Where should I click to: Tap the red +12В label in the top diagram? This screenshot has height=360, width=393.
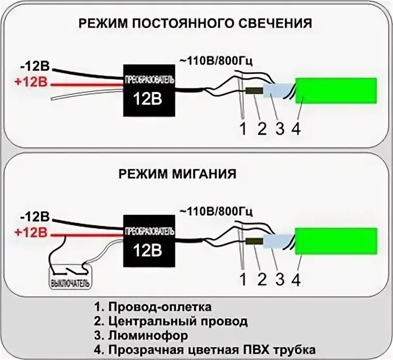click(x=33, y=82)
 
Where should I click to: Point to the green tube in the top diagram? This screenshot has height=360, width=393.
click(x=336, y=91)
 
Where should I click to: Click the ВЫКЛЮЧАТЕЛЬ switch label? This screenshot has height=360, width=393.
click(x=70, y=284)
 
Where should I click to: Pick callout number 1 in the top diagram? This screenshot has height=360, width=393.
click(x=243, y=129)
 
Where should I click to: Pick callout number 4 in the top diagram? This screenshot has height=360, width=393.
click(x=296, y=129)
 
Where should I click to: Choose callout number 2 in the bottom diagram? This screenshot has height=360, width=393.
click(x=261, y=280)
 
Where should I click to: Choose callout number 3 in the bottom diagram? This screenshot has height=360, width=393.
click(x=279, y=280)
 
